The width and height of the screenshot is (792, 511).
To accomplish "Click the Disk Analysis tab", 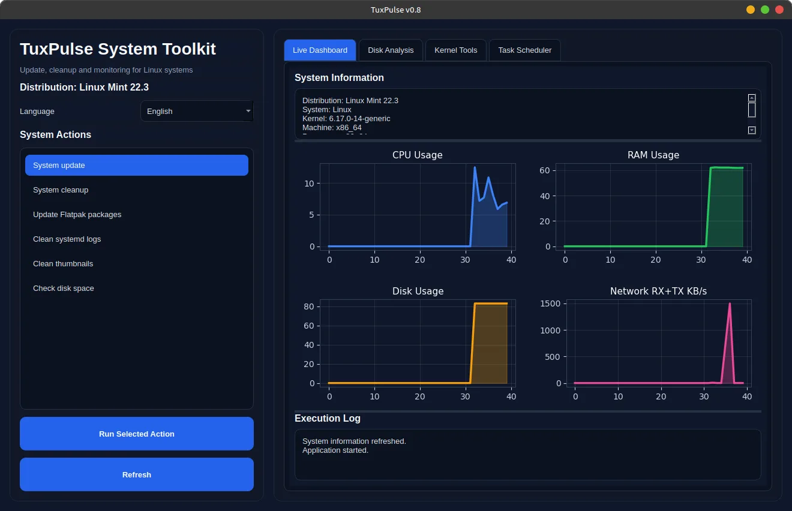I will [391, 50].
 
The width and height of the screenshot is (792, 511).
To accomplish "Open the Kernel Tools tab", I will [455, 50].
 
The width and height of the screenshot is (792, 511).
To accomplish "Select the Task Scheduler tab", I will [524, 50].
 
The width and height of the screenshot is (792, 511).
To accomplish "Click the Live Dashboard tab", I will [320, 50].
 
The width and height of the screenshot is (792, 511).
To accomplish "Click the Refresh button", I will [137, 474].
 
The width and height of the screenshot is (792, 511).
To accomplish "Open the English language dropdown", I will [197, 111].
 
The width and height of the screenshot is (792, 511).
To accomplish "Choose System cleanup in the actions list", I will [61, 190].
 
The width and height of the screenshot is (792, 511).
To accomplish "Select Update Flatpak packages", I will [77, 215].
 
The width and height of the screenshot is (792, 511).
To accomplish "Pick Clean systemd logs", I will [67, 239].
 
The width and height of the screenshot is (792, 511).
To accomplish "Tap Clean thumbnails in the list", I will [63, 264].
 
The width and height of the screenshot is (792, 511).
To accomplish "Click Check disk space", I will [63, 288].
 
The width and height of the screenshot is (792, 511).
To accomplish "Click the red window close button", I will [779, 10].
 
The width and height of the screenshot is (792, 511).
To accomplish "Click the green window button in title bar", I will [765, 10].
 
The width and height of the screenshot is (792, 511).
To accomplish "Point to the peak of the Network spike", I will [730, 303].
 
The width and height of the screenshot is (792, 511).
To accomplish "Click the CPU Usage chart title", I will [417, 155].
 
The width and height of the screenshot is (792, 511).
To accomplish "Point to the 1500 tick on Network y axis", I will [550, 304].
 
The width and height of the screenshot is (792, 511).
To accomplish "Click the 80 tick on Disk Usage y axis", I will [309, 306].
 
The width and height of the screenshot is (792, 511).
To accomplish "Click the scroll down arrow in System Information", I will [752, 130].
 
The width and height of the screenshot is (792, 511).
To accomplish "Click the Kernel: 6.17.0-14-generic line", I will [346, 119].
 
